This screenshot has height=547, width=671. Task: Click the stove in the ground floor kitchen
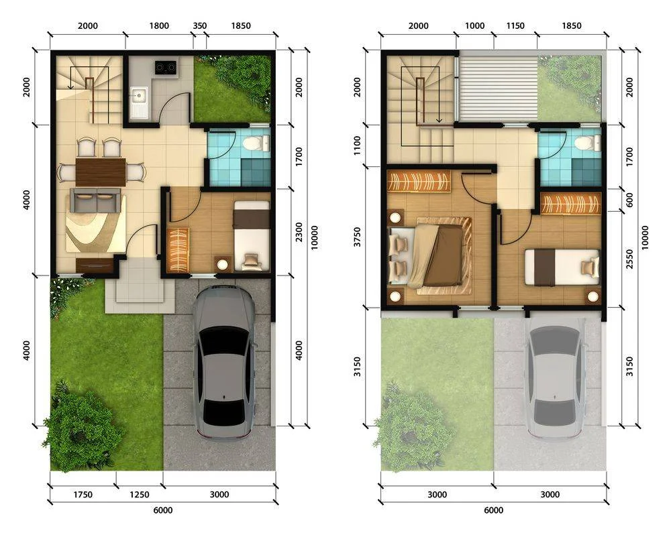pyautogui.click(x=165, y=67)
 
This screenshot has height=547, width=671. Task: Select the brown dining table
pyautogui.click(x=101, y=172)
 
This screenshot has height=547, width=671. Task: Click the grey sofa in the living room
pyautogui.click(x=96, y=200)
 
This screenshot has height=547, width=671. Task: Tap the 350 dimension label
pyautogui.click(x=200, y=25)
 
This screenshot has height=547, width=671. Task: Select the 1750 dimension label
pyautogui.click(x=83, y=495)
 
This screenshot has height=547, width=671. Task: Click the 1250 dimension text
pyautogui.click(x=140, y=495)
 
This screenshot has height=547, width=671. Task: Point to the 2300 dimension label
pyautogui.click(x=299, y=232)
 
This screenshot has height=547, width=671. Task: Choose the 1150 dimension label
pyautogui.click(x=515, y=25)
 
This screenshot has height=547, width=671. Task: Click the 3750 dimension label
pyautogui.click(x=358, y=237)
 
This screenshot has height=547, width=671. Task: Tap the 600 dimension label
pyautogui.click(x=629, y=200)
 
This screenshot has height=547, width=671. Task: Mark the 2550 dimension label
pyautogui.click(x=629, y=259)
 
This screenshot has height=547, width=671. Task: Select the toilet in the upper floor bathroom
pyautogui.click(x=588, y=143)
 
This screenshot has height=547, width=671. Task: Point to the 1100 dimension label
pyautogui.click(x=358, y=145)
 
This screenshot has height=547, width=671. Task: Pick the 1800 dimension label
pyautogui.click(x=159, y=25)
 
